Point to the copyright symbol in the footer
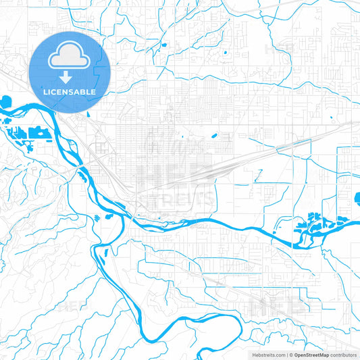coord(290,355)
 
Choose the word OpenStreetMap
coord(311,355)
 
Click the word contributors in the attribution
coord(343,355)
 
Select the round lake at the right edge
coord(357,200)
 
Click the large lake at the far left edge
coord(5,104)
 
